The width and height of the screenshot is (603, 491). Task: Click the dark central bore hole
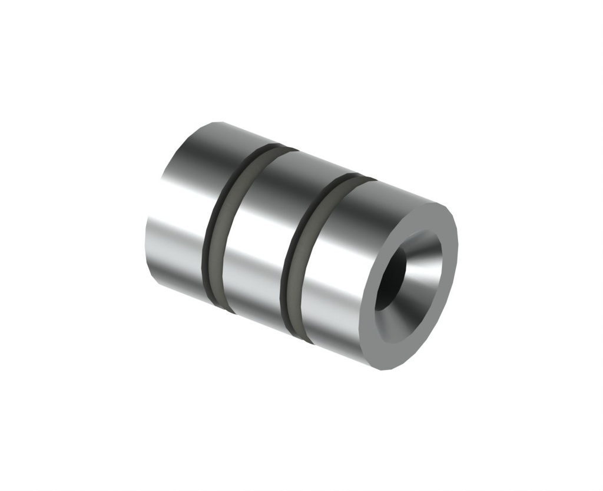tap(390, 281)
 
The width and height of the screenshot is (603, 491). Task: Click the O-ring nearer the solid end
tap(217, 229)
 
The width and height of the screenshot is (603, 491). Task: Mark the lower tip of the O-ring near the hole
tap(306, 341)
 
